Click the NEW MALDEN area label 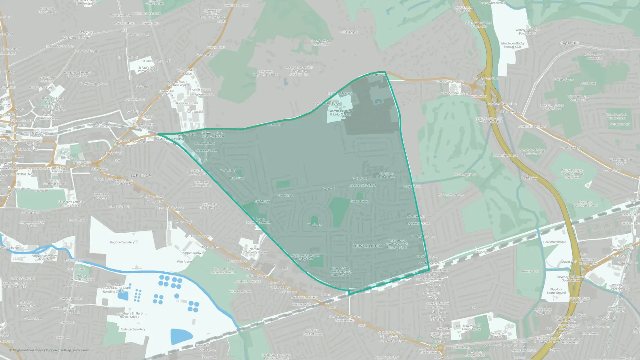click(367, 246)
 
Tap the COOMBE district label click(348, 32)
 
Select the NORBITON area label click(140, 175)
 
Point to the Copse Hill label click(569, 43)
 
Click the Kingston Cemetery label click(122, 242)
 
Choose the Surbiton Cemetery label click(133, 329)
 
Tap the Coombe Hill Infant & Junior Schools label click(340, 113)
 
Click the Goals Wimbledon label click(555, 242)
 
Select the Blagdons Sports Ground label click(556, 291)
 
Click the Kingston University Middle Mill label click(44, 257)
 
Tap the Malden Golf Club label click(466, 175)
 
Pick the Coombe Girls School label click(362, 185)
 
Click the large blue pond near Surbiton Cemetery click(181, 336)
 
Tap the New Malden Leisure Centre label click(472, 327)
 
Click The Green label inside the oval click(314, 225)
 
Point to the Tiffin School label click(68, 157)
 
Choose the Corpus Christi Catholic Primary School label click(305, 257)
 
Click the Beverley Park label click(530, 271)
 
